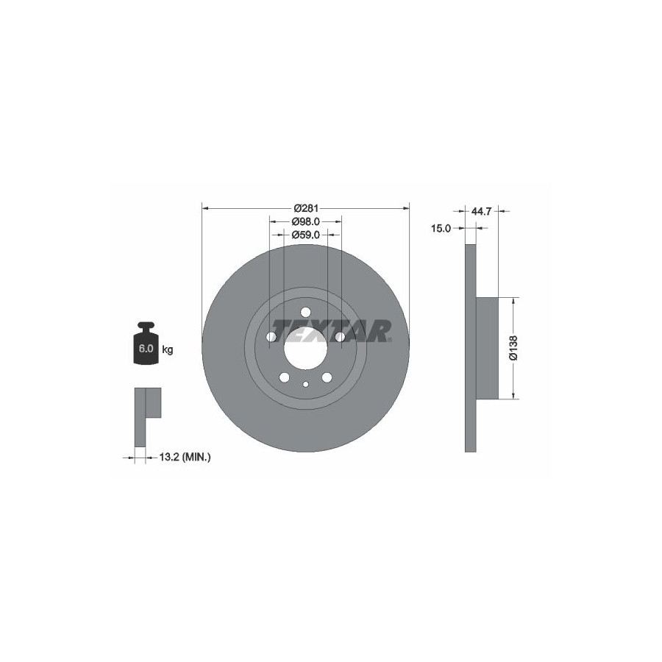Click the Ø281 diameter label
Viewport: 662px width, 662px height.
306,208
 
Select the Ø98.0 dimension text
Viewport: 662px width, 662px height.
306,221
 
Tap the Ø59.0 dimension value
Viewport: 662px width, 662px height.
306,235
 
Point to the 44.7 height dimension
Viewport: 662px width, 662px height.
481,211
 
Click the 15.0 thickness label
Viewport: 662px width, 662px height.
441,229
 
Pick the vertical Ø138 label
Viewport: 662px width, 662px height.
513,348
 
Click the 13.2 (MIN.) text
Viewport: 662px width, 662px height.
185,456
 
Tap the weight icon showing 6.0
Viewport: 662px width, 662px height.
146,344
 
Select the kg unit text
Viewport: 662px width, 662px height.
168,350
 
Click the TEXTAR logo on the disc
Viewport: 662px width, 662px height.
332,330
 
